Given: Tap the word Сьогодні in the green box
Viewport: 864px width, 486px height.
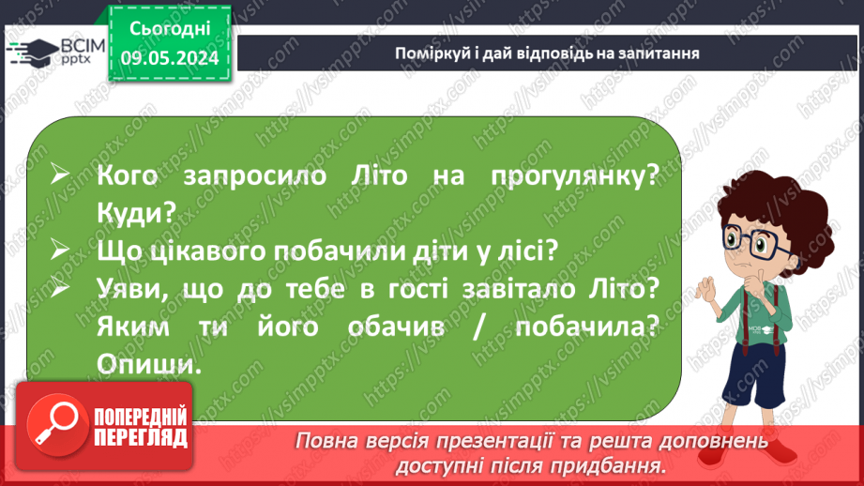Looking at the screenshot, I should pos(169,28).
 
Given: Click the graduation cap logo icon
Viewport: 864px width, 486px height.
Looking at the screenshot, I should pos(27,51).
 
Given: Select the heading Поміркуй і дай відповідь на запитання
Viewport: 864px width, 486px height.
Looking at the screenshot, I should pos(548,53).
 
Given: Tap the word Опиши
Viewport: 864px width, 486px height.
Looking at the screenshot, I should pos(148,364).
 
